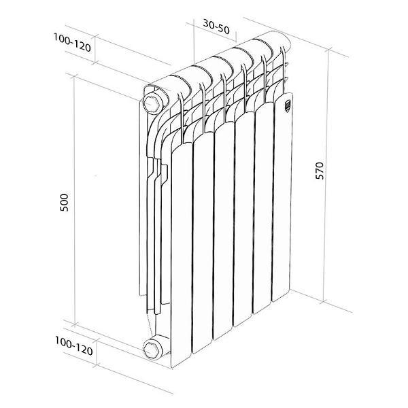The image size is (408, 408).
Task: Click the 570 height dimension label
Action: coord(320,171)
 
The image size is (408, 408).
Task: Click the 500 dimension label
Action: coord(64,203)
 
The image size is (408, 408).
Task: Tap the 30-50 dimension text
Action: coord(216,27)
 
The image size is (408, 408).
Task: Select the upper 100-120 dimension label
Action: coord(72,42)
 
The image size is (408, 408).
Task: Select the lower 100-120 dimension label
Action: coord(74,346)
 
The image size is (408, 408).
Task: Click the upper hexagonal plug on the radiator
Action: coord(152,103)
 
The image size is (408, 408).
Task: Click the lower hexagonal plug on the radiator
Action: coord(152,350)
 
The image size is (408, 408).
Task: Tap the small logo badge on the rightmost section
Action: coord(288,105)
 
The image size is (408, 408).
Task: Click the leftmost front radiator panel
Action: coord(182,254)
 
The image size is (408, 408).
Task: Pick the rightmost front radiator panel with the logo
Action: coord(282,198)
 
